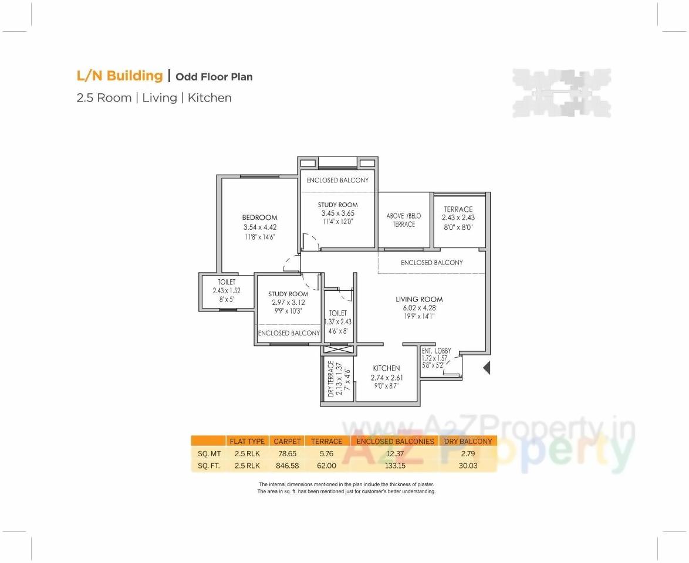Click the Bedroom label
click(x=259, y=218)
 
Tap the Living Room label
click(x=419, y=299)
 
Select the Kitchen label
click(x=386, y=368)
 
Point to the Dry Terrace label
click(x=330, y=379)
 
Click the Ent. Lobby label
click(x=436, y=351)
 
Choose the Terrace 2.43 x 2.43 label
click(x=458, y=209)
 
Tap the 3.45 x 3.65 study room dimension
click(x=337, y=213)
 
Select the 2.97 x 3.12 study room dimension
click(x=288, y=303)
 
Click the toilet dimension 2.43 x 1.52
click(x=227, y=290)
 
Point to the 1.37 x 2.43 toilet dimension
click(x=337, y=322)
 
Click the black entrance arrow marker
click(x=487, y=368)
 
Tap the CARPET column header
click(x=288, y=441)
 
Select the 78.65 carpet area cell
click(x=288, y=453)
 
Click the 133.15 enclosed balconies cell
click(x=396, y=466)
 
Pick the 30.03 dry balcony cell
click(x=468, y=466)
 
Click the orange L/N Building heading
click(x=120, y=76)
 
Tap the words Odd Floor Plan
click(x=214, y=77)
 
